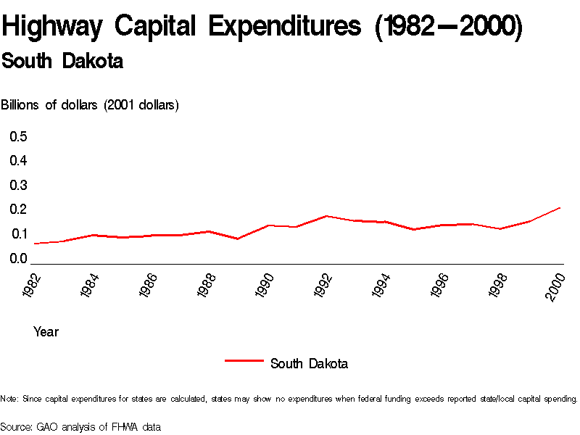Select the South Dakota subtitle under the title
click(62, 62)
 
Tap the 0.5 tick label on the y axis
click(18, 136)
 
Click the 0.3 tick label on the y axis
click(18, 185)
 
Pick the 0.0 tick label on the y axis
click(18, 259)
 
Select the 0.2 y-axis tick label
click(18, 210)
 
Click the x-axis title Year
click(46, 332)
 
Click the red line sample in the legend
click(244, 360)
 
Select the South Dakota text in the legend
click(309, 364)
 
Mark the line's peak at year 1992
click(327, 216)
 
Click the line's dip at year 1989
click(239, 239)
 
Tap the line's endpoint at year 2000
click(560, 208)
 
